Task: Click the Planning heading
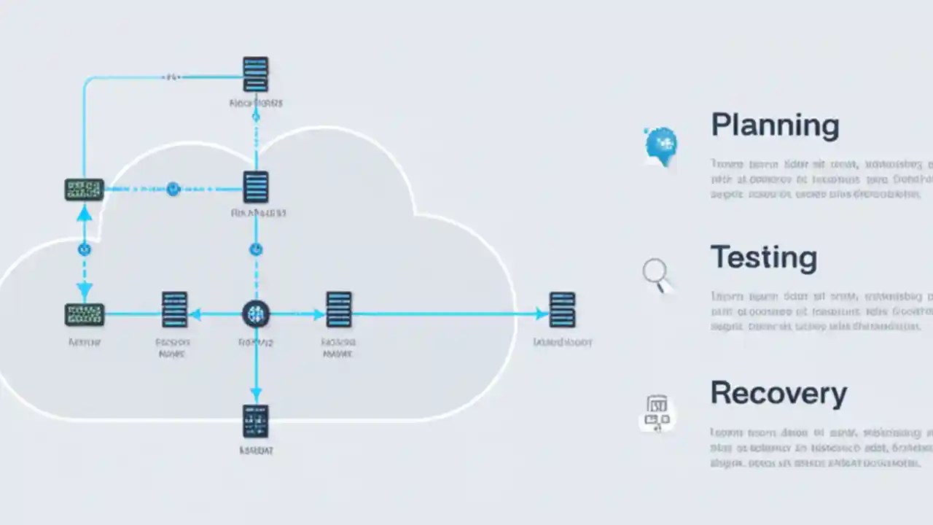tap(775, 125)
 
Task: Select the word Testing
tap(763, 258)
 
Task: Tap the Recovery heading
tap(778, 394)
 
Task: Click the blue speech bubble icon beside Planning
tap(660, 144)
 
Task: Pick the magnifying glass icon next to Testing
tap(656, 276)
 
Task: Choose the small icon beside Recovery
tap(657, 413)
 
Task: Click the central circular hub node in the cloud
tap(255, 314)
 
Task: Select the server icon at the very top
tap(255, 74)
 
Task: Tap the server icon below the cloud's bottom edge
tap(255, 421)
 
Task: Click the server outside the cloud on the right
tap(562, 310)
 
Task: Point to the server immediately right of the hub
tap(339, 310)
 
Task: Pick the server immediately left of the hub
tap(174, 310)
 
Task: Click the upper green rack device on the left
tap(85, 190)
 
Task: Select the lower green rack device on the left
tap(85, 315)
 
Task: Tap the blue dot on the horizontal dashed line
tap(173, 190)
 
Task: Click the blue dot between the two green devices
tap(85, 249)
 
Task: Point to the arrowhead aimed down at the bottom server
tap(255, 394)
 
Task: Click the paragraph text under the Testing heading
tap(820, 312)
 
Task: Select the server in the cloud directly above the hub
tap(256, 187)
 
